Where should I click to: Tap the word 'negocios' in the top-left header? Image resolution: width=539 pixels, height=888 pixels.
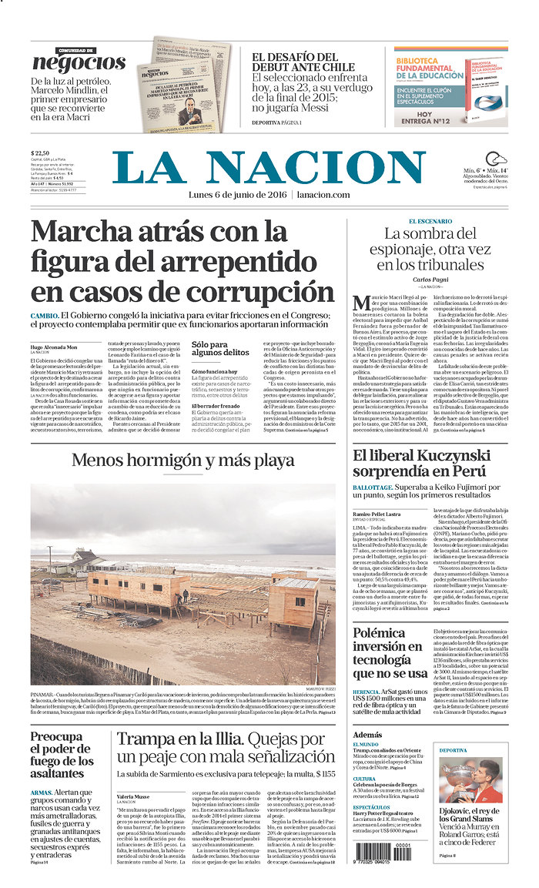pos(79,63)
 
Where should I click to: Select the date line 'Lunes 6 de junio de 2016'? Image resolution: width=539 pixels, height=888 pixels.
pos(237,194)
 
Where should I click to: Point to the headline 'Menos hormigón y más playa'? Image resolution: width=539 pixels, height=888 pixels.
pos(182,461)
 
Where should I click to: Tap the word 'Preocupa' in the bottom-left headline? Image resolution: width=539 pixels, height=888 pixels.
pos(56,737)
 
